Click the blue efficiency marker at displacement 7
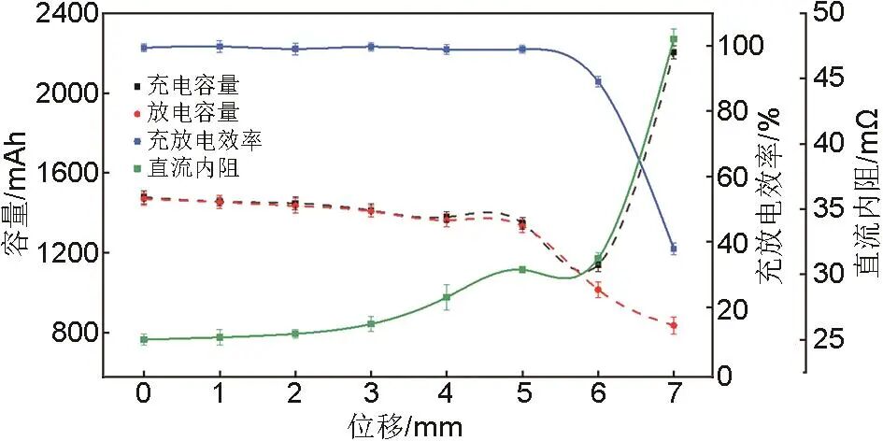673,249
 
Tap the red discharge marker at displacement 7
673,325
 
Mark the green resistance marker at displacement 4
447,297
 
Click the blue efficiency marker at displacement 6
598,81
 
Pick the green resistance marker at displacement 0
144,339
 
